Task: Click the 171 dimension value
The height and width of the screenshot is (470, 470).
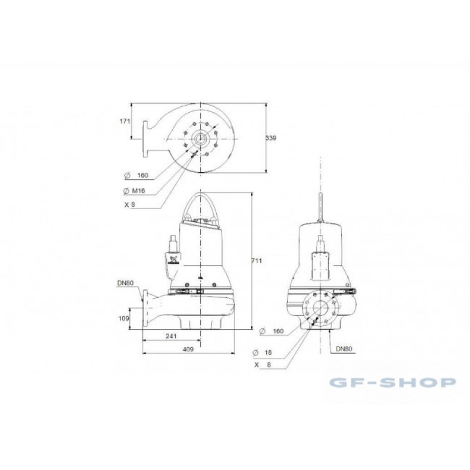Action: point(125,121)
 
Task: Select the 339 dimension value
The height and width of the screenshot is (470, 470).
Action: point(271,138)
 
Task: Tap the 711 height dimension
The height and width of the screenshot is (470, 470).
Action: point(257,261)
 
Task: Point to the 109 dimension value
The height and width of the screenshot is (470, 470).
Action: point(123,318)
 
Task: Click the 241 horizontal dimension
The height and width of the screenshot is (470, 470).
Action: point(171,336)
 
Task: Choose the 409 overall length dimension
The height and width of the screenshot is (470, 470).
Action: point(188,349)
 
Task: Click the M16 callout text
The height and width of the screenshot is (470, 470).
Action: point(138,190)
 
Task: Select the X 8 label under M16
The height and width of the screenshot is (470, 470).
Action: point(130,204)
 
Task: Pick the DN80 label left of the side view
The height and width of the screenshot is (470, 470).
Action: point(126,283)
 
